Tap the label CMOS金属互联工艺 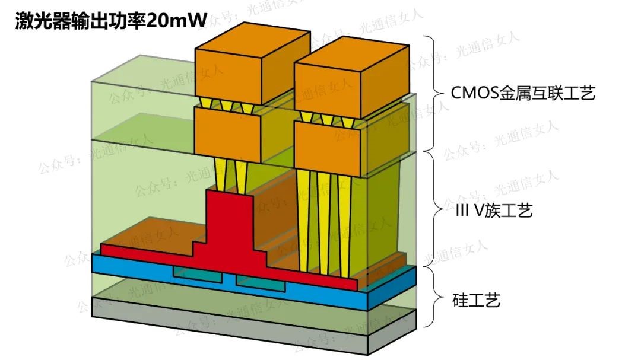tap(522, 93)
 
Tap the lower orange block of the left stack tap(228, 133)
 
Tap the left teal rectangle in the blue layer tap(198, 273)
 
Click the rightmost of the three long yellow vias tap(342, 225)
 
